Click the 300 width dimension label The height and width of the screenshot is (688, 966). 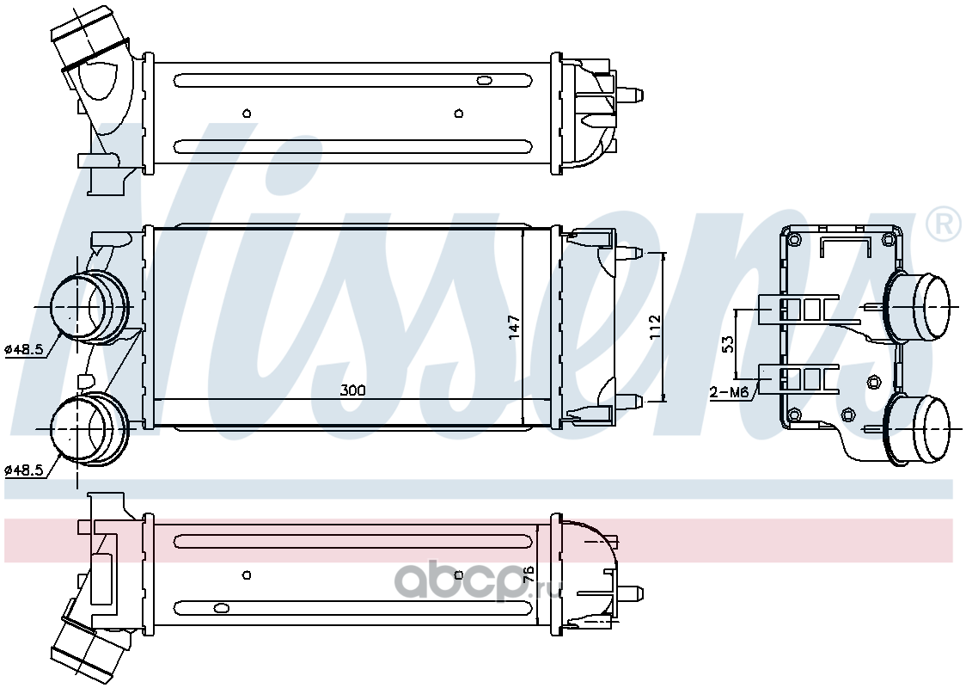[x=352, y=390]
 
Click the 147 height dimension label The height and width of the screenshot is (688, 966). [x=515, y=326]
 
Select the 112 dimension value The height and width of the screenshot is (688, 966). [x=654, y=326]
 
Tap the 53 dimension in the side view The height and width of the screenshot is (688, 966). [x=728, y=343]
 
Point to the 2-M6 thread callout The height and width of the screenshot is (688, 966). [x=730, y=392]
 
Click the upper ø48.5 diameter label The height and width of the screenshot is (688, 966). [x=23, y=349]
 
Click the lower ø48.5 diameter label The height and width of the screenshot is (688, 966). [x=23, y=470]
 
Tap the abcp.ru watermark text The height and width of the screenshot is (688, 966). [x=475, y=581]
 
